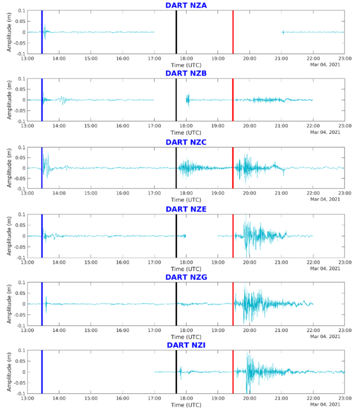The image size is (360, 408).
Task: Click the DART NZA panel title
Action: pyautogui.click(x=186, y=5)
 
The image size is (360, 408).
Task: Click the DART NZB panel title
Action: pyautogui.click(x=186, y=73)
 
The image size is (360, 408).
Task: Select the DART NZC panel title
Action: pyautogui.click(x=186, y=142)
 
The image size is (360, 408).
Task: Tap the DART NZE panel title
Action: pyautogui.click(x=186, y=209)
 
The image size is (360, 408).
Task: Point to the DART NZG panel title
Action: pyautogui.click(x=186, y=277)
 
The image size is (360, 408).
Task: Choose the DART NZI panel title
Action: pyautogui.click(x=186, y=345)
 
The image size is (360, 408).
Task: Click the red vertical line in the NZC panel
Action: pyautogui.click(x=233, y=168)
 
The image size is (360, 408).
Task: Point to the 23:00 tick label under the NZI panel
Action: pyautogui.click(x=344, y=398)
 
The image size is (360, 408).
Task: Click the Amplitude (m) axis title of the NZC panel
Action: pyautogui.click(x=9, y=168)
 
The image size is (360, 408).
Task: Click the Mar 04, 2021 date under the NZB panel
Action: pyautogui.click(x=325, y=132)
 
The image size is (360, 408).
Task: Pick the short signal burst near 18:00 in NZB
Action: pyautogui.click(x=188, y=99)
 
